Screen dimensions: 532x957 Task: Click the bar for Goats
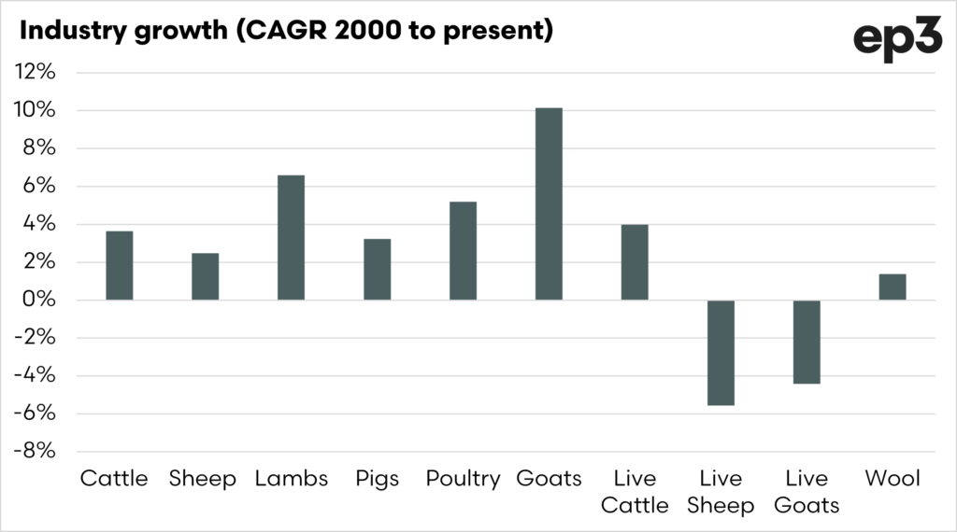tap(549, 204)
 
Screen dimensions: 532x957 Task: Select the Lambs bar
tap(291, 238)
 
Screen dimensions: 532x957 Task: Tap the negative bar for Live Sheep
tap(721, 353)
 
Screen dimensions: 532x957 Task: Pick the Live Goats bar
tap(807, 342)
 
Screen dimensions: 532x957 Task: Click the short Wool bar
tap(893, 287)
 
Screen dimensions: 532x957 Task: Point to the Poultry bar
tap(463, 251)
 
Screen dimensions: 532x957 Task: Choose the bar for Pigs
tap(377, 270)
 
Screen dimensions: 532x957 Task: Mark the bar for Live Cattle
tap(635, 262)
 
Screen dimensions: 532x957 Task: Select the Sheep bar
tap(205, 277)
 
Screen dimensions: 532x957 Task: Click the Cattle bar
tap(119, 266)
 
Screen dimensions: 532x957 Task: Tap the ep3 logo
tap(896, 40)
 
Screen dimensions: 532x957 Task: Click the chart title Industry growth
tap(286, 31)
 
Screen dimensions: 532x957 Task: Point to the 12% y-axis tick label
tap(36, 72)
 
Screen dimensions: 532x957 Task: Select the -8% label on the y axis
tap(34, 452)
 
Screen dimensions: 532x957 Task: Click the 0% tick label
tap(39, 301)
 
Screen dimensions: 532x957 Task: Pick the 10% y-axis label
tap(36, 110)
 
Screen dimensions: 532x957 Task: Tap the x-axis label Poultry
tap(463, 480)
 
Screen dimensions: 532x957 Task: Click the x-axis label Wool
tap(893, 480)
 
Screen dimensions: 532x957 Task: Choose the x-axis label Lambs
tap(291, 480)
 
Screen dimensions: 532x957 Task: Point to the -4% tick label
tap(34, 376)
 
